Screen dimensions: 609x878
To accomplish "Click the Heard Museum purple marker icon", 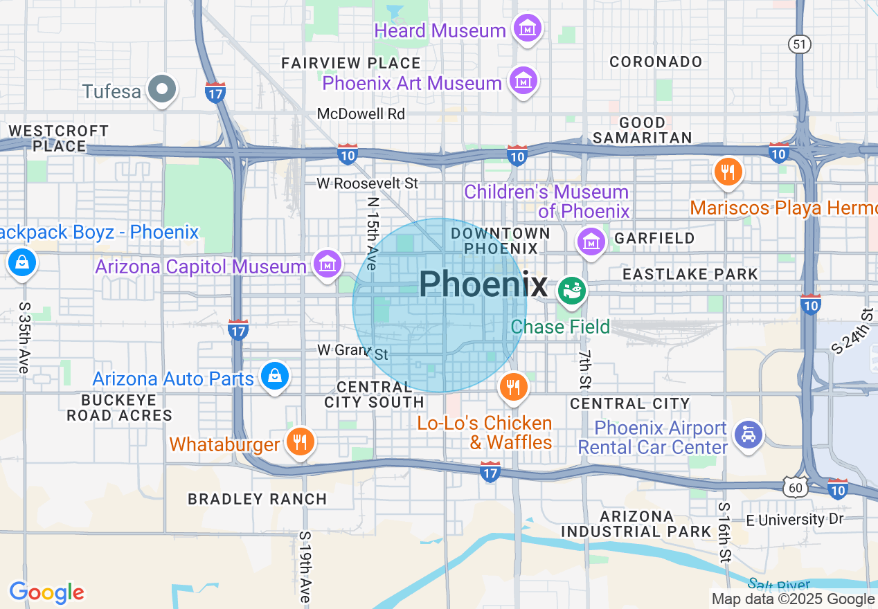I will coord(528,29).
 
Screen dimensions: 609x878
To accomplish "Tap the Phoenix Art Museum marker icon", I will coord(524,82).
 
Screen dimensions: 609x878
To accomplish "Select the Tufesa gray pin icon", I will coord(163,89).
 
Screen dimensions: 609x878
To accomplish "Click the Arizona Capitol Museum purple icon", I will coord(328,264).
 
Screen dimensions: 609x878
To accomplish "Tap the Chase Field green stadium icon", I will coord(573,291).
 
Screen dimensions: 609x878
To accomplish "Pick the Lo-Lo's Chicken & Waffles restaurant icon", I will coord(513,388).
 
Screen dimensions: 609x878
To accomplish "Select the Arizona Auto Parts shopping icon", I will coord(275,376).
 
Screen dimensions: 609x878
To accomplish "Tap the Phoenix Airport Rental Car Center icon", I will coord(749,435).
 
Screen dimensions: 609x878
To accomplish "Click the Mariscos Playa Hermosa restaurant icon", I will coord(727,171).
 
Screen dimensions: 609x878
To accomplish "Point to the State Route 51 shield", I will coord(800,44).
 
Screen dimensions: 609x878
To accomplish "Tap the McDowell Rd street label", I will coord(361,113).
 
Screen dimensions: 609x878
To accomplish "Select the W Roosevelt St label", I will coord(368,183).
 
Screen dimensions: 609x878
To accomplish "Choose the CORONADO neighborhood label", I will coord(656,62).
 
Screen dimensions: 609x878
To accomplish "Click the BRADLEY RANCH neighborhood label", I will coord(258,499).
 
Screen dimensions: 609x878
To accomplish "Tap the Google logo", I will coord(46,592).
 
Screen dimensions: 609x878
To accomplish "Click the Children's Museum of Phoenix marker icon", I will coord(591,242).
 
